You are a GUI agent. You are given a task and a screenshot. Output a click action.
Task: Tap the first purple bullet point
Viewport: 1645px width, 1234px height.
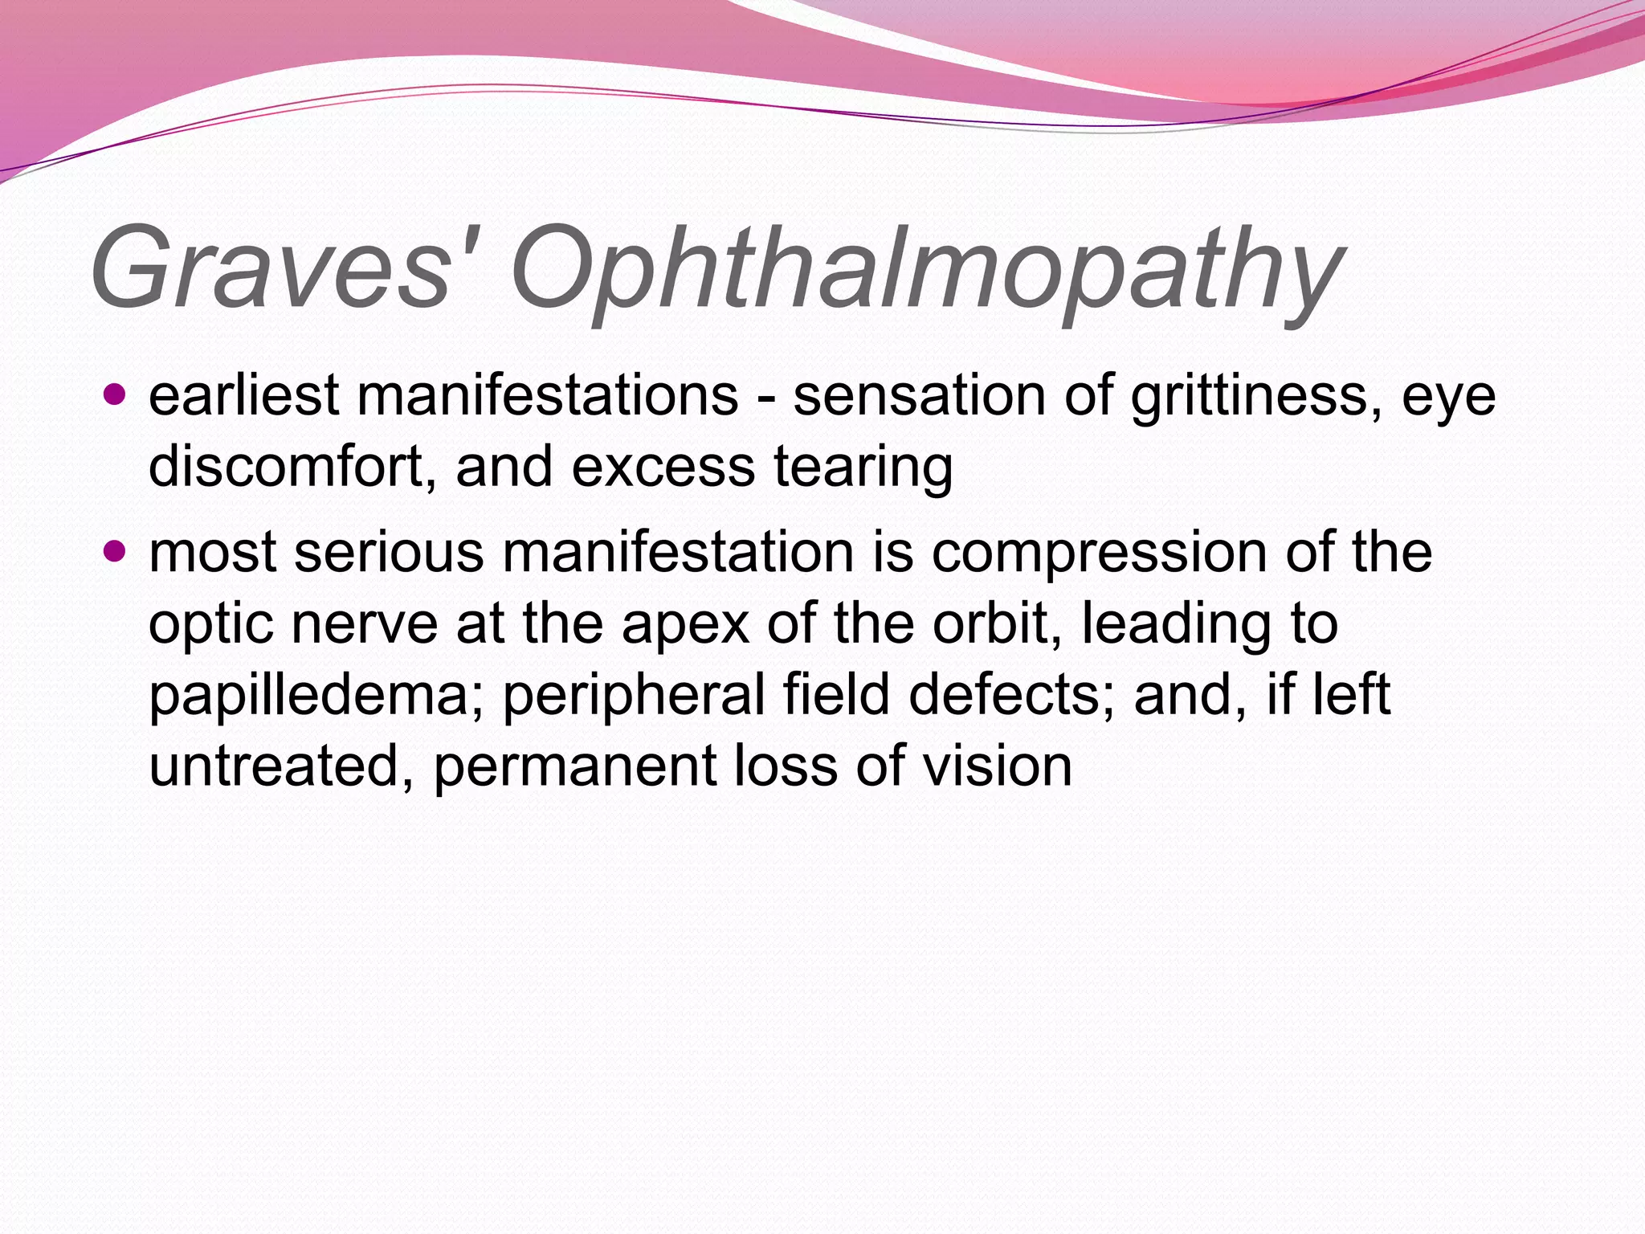click(x=116, y=394)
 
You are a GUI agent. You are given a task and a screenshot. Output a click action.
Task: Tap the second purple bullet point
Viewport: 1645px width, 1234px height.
click(x=116, y=551)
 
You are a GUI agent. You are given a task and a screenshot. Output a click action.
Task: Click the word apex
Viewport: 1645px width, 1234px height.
click(x=685, y=625)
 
